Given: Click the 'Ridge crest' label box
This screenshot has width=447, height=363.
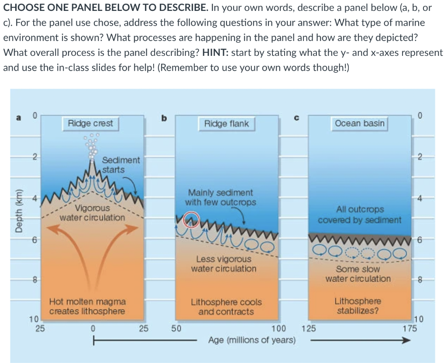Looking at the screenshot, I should coord(90,123).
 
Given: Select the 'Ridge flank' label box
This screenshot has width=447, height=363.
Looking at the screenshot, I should coord(227,123).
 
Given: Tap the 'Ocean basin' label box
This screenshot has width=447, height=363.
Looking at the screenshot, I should coord(360,123).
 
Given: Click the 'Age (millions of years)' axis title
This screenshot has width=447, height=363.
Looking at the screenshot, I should coord(252,340).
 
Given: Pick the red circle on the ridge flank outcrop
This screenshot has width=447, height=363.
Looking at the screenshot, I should coord(192,219).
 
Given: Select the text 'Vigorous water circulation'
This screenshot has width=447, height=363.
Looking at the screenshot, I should coord(92,212).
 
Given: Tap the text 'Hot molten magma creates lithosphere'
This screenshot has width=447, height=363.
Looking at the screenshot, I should coord(87,306).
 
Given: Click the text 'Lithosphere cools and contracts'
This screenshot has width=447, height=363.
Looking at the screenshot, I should coord(226,307).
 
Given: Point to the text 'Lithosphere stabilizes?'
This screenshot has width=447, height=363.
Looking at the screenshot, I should coord(358,306).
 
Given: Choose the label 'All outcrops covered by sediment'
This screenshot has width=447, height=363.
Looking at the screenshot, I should coord(359,215).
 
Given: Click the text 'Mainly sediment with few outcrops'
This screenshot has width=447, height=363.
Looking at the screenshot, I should coord(220,197).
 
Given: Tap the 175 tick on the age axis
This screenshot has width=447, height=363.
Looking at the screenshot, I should coord(409,328).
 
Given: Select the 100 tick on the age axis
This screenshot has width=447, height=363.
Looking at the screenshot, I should coord(278,328).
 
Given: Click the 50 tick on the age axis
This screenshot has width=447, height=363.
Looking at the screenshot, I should coord(176,328).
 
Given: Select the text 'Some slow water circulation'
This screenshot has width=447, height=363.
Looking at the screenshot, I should coord(358,274).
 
